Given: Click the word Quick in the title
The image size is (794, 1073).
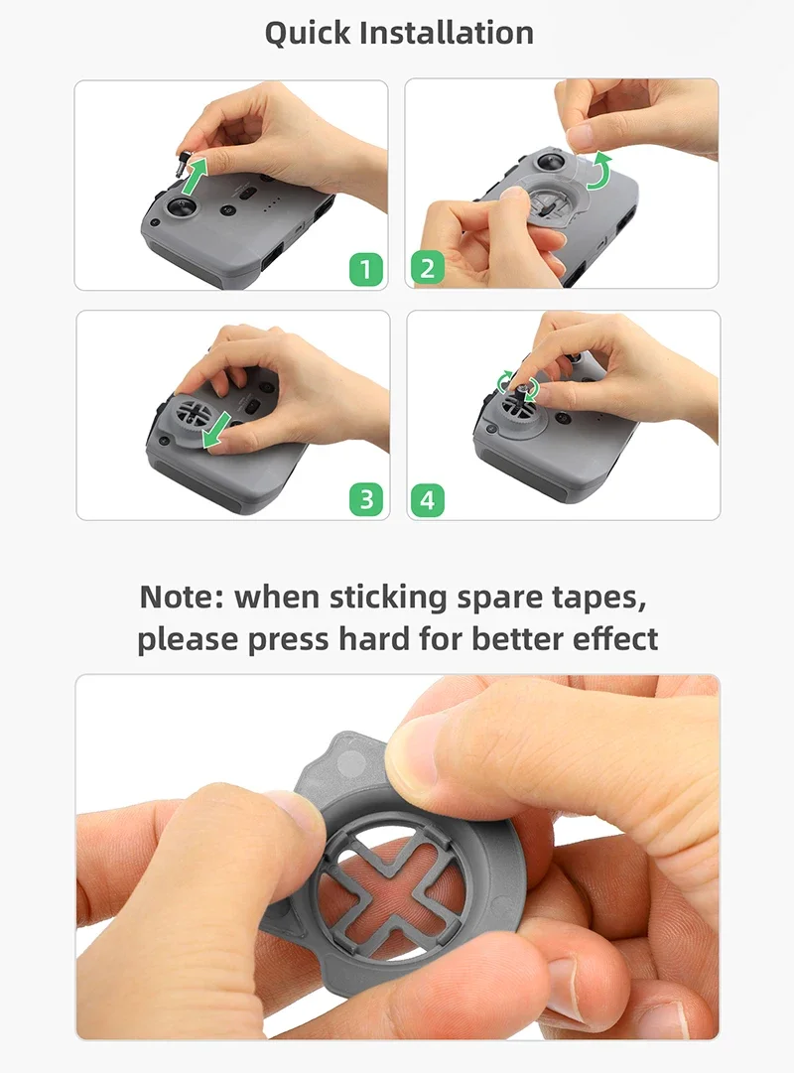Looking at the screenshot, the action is [308, 34].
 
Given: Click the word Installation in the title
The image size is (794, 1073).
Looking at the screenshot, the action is [447, 32].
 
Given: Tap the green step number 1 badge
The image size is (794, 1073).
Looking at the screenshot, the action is [365, 268].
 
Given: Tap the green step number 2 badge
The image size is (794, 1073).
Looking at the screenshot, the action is [428, 268].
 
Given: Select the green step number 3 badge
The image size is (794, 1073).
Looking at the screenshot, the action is [366, 499].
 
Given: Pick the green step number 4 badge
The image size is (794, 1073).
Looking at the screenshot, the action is [428, 499].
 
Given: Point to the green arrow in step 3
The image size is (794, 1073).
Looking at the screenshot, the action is [217, 431].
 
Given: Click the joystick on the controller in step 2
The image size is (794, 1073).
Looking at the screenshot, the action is [550, 163].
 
